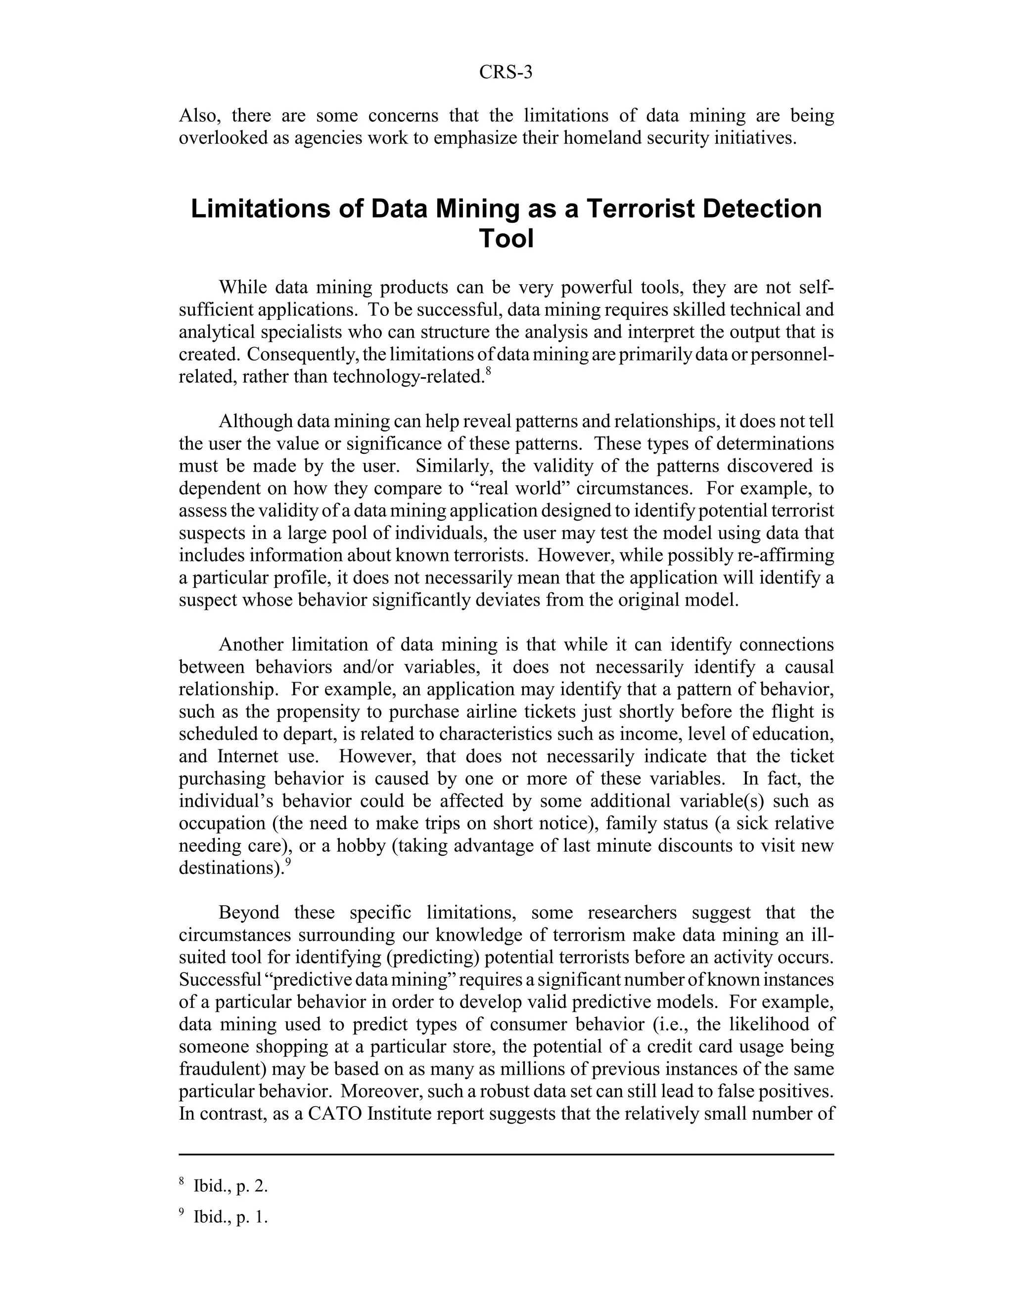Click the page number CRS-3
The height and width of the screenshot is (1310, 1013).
506,73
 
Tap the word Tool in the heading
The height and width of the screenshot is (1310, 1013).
506,239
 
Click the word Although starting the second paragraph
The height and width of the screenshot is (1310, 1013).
256,422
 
